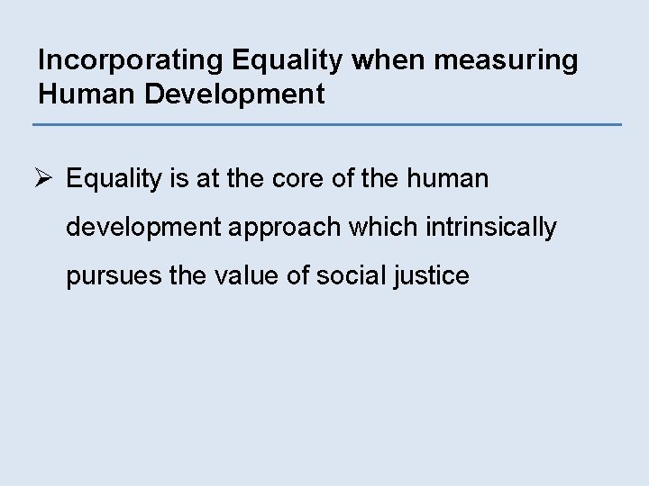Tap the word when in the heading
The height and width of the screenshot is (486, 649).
tap(378, 61)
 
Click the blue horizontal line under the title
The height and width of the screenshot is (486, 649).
tap(327, 124)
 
